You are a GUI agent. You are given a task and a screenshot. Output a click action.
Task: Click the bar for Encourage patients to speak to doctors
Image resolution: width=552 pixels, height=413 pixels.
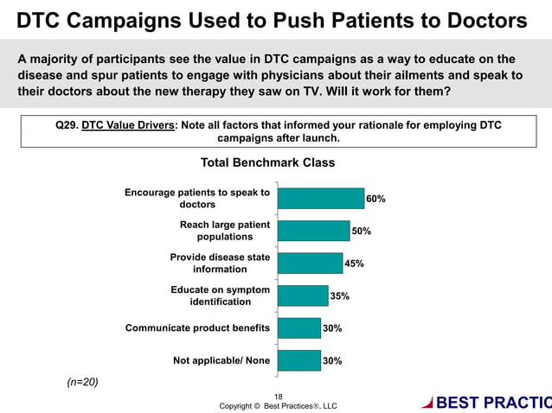[320, 198]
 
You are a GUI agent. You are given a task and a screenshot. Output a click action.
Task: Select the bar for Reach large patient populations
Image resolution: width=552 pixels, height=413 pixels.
[313, 230]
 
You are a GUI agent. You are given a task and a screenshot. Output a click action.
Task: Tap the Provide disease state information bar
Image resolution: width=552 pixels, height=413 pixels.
[310, 263]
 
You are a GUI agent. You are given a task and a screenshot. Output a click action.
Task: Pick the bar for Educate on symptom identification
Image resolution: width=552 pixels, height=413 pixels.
[303, 295]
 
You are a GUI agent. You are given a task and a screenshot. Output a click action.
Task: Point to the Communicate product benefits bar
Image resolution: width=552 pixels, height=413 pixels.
[299, 328]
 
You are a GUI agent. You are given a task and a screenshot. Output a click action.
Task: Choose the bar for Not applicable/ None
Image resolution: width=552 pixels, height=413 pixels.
[299, 360]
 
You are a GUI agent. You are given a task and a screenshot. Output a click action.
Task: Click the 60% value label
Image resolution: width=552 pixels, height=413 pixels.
[375, 199]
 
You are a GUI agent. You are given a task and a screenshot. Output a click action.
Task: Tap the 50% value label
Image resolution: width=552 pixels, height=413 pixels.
[361, 231]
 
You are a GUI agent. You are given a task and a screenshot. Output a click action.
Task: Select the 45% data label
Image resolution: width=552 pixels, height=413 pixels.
[354, 264]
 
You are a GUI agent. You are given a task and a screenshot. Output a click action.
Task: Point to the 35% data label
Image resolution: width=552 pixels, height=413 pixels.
[340, 296]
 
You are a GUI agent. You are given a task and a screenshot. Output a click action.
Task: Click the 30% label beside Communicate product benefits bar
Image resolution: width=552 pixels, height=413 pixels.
[332, 328]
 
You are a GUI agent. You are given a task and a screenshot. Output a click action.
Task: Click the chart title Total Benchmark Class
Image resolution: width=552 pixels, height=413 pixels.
[267, 162]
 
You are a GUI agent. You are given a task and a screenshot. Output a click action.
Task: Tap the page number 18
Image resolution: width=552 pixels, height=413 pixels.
[278, 397]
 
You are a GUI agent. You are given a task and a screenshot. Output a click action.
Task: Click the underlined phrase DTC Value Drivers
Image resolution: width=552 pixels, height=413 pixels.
[128, 125]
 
